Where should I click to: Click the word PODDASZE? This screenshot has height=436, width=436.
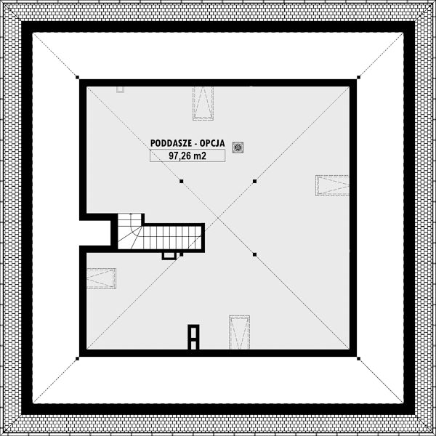(x=171, y=143)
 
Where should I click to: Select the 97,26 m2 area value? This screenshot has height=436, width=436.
(x=187, y=156)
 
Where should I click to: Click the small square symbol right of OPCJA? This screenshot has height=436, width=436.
(x=238, y=148)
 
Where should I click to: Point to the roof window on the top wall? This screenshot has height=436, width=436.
(x=203, y=103)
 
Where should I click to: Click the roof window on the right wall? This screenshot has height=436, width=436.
(x=332, y=185)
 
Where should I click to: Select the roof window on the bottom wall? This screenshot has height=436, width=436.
(x=239, y=332)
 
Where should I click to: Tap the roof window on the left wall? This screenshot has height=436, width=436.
(x=101, y=278)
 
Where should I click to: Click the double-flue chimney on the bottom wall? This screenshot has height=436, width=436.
(x=193, y=337)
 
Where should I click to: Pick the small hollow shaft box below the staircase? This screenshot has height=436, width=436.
(x=169, y=256)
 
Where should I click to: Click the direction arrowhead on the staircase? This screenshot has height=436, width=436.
(x=132, y=214)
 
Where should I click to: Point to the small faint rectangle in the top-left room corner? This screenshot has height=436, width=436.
(x=120, y=89)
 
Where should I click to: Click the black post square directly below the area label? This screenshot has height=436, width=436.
(x=182, y=181)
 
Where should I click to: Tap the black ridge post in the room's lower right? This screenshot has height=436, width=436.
(x=254, y=254)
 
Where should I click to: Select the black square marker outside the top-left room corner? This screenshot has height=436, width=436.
(x=77, y=77)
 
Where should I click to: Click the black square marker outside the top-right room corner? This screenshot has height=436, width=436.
(x=359, y=77)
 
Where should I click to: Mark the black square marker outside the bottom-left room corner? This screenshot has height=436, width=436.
(x=77, y=359)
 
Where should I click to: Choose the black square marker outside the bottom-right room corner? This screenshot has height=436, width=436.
(x=359, y=359)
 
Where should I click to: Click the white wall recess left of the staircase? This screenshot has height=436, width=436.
(x=95, y=233)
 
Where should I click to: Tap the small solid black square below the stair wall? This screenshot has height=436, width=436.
(x=182, y=254)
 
